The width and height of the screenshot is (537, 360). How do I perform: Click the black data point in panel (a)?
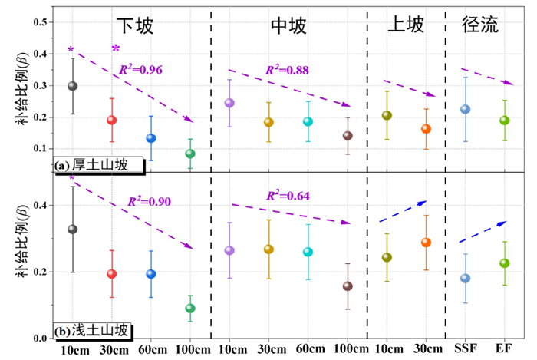(x=73, y=86)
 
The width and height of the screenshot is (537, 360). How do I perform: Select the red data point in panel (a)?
(x=112, y=120)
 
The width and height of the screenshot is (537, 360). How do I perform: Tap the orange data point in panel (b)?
(x=426, y=243)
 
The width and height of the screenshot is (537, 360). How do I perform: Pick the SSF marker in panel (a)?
(x=465, y=109)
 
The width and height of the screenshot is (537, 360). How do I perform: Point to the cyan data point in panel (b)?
(x=308, y=252)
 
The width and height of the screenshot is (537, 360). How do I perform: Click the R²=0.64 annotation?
(x=288, y=196)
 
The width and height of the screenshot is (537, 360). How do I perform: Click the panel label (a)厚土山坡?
(x=89, y=164)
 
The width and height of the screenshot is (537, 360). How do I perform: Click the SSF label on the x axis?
(x=465, y=350)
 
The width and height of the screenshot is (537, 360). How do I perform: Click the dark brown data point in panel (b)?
(x=348, y=286)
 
